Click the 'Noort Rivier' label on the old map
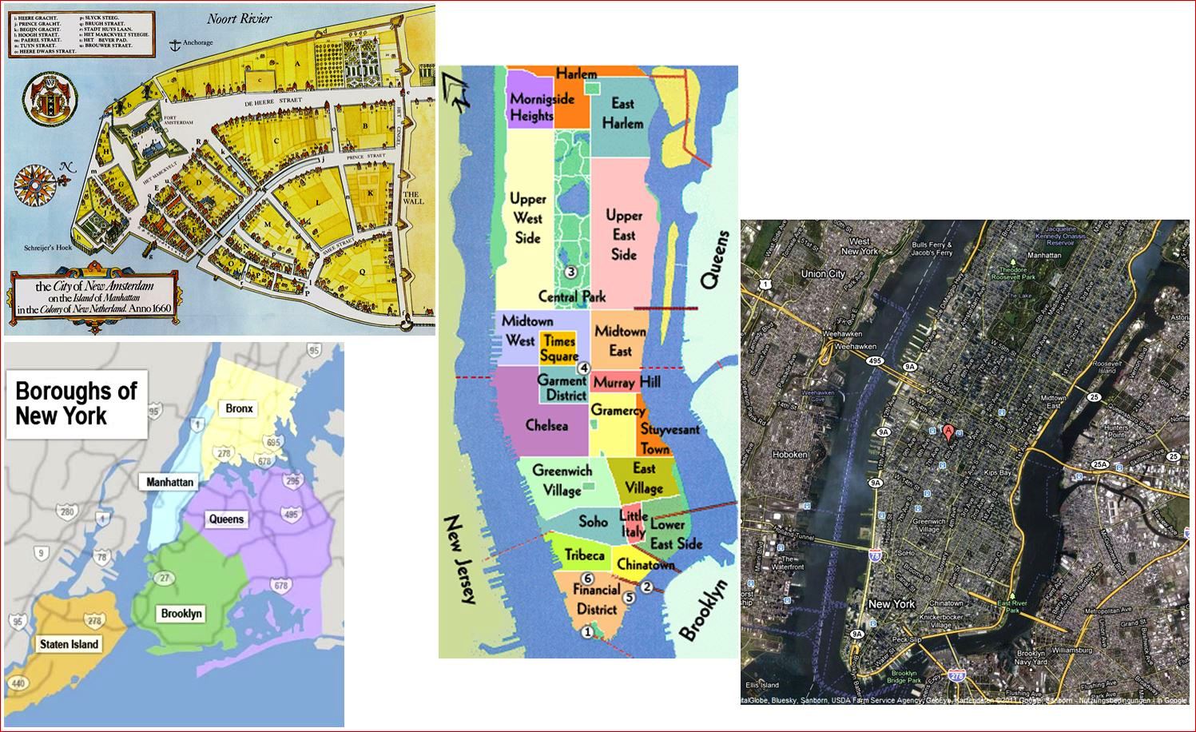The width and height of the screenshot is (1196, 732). click(x=240, y=18)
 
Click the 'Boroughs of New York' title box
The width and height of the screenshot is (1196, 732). click(x=77, y=404)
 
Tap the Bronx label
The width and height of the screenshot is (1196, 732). click(x=239, y=408)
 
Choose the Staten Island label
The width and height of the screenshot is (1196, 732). click(x=70, y=644)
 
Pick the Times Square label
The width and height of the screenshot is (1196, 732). click(x=558, y=348)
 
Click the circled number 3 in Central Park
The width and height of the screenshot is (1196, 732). click(x=570, y=272)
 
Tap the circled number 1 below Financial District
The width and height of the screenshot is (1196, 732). click(x=587, y=631)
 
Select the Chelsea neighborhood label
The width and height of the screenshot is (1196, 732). click(x=546, y=426)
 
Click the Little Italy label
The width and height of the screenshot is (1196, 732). click(x=633, y=524)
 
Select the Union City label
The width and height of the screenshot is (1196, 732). click(x=823, y=274)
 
